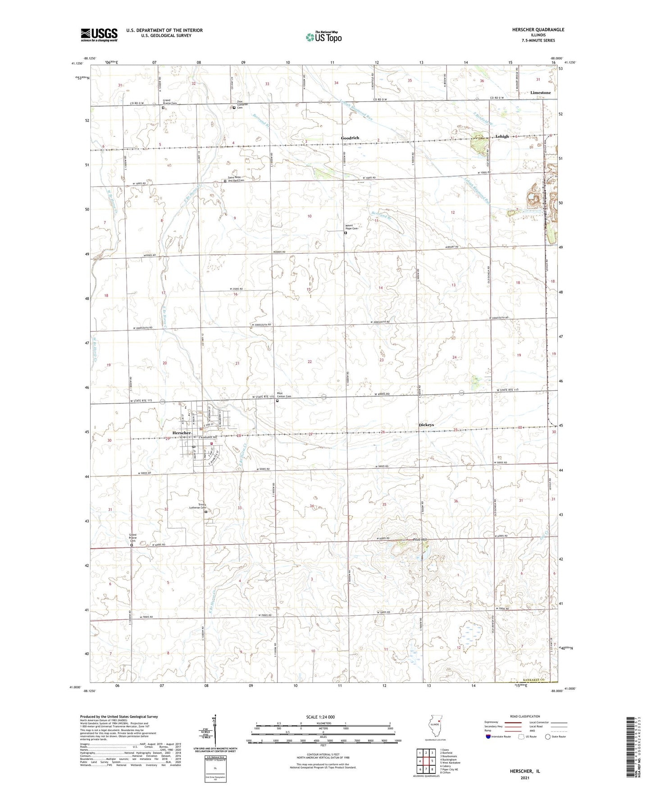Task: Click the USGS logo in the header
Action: [x=99, y=35]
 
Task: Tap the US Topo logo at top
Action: [x=323, y=37]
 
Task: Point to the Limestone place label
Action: [x=540, y=93]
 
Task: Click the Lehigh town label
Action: [x=502, y=137]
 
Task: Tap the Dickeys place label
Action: [x=426, y=425]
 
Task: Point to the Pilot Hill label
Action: [x=419, y=540]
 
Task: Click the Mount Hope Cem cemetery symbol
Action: [x=346, y=233]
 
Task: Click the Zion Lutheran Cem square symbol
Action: [x=234, y=108]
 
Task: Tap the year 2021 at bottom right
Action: [x=524, y=778]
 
